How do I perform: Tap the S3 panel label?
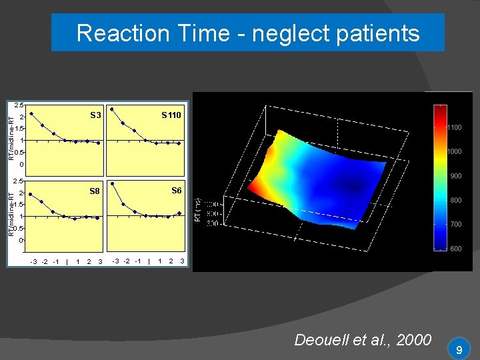pos(95,115)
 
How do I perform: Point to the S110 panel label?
pos(171,115)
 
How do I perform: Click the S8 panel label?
pos(95,191)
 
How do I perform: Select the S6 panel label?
pos(176,190)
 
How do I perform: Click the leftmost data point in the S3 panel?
pos(31,113)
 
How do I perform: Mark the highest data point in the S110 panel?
pos(112,109)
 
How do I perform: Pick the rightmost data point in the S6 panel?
pos(179,213)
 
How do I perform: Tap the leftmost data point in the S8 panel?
pos(31,194)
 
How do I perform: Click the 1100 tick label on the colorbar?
pos(453,127)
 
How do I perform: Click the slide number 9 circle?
pos(459,349)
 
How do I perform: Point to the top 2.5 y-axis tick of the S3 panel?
pos(19,105)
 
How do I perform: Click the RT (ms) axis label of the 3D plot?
pos(197,214)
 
